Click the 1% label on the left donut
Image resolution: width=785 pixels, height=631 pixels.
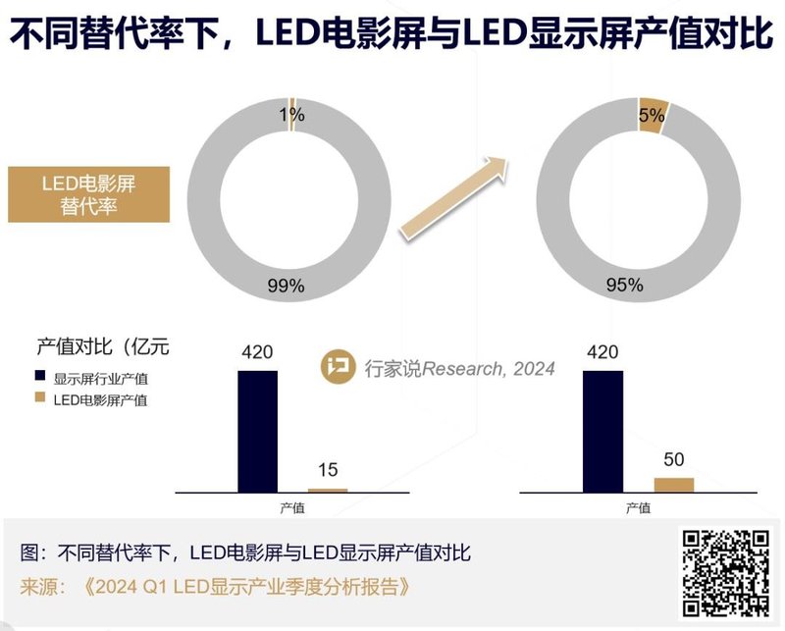pyautogui.click(x=291, y=115)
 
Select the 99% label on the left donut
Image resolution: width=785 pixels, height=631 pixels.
pyautogui.click(x=286, y=287)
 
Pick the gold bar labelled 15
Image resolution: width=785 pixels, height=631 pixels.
pyautogui.click(x=327, y=489)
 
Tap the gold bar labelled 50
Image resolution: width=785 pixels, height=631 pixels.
pyautogui.click(x=673, y=484)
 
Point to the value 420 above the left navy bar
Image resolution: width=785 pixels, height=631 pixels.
pyautogui.click(x=257, y=352)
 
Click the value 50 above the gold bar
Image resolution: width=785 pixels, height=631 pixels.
pyautogui.click(x=674, y=459)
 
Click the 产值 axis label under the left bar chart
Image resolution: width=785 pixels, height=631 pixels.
pyautogui.click(x=291, y=507)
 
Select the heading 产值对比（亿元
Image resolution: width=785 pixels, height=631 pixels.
pyautogui.click(x=103, y=346)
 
